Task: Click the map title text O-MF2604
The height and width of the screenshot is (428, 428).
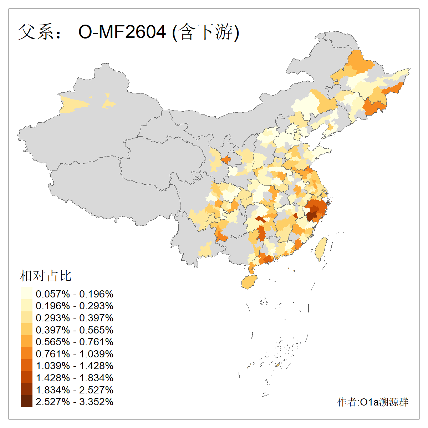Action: click(122, 32)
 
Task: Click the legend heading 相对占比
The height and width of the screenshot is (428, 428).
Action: click(46, 276)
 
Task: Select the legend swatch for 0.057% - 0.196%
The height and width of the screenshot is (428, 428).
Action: click(26, 294)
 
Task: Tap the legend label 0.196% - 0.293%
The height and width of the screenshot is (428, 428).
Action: click(75, 306)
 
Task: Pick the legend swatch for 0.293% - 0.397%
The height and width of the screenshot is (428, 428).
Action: click(26, 318)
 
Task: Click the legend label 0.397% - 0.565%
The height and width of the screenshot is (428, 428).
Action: click(75, 330)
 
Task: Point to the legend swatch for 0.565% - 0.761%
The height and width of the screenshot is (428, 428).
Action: click(26, 342)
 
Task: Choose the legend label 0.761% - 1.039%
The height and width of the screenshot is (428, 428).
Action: click(75, 354)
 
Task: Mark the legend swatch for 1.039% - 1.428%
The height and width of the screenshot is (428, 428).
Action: click(26, 366)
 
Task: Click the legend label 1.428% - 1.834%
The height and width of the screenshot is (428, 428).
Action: click(75, 378)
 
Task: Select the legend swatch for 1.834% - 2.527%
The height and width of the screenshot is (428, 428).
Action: click(26, 389)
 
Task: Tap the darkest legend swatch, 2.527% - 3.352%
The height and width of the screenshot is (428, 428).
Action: click(26, 402)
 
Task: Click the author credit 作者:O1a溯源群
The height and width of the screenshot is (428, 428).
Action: click(373, 402)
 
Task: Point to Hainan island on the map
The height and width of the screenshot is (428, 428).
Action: click(249, 282)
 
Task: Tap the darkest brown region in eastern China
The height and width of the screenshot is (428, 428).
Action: click(312, 216)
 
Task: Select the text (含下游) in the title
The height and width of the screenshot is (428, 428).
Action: click(205, 32)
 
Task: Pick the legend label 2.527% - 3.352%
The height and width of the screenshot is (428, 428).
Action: click(75, 402)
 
